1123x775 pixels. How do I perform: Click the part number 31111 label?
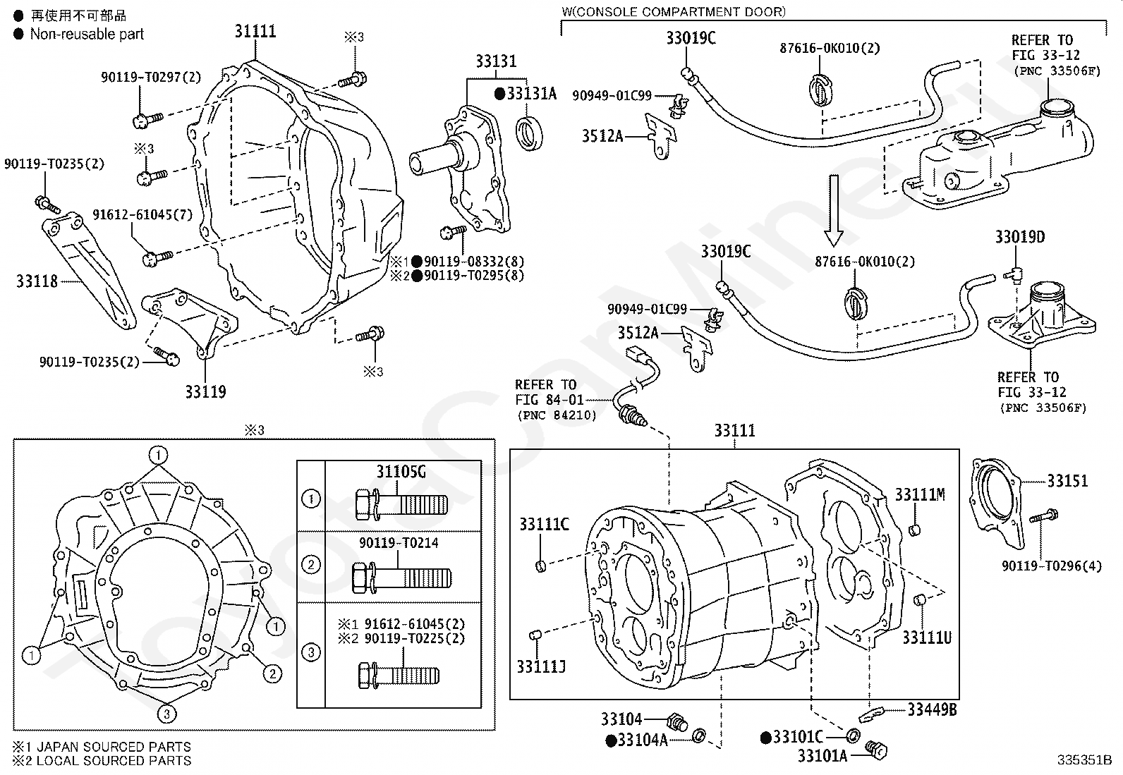(255, 32)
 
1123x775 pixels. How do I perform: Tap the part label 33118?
(37, 281)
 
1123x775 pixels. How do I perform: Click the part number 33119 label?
(205, 391)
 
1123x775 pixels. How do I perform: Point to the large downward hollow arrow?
(833, 210)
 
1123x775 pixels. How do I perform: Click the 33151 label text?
(1067, 481)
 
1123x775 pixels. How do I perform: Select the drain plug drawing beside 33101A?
(876, 750)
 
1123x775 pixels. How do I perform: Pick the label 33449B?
(932, 709)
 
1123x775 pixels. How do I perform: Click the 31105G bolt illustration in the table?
(401, 504)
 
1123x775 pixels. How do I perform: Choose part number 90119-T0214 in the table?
(399, 543)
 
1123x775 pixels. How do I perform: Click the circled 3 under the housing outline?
(167, 714)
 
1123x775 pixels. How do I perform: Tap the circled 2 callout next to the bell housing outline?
(272, 673)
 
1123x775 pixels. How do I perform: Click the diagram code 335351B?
(1084, 760)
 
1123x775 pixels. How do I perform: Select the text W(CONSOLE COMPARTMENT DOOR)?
(673, 12)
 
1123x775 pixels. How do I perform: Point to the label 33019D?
(1020, 237)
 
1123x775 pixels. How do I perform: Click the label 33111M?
(920, 495)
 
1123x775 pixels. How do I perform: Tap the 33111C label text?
(544, 525)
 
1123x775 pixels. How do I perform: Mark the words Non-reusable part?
(87, 34)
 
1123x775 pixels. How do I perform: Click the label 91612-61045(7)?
(142, 214)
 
